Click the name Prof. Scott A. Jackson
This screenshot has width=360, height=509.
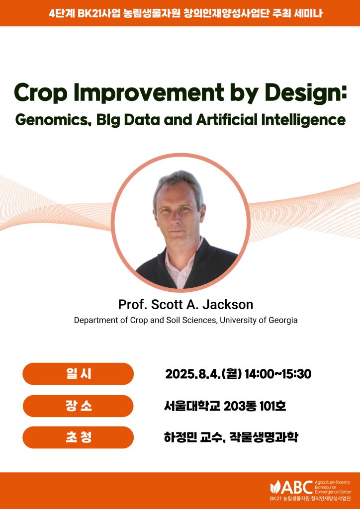(x=185, y=305)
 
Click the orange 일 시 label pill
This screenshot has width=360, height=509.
(x=78, y=374)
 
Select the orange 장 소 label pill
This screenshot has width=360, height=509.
(x=78, y=406)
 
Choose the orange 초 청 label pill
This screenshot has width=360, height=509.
(x=78, y=437)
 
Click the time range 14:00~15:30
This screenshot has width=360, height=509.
(x=278, y=374)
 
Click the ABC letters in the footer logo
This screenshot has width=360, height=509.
(x=296, y=487)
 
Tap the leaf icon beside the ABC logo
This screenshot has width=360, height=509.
(x=274, y=487)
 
